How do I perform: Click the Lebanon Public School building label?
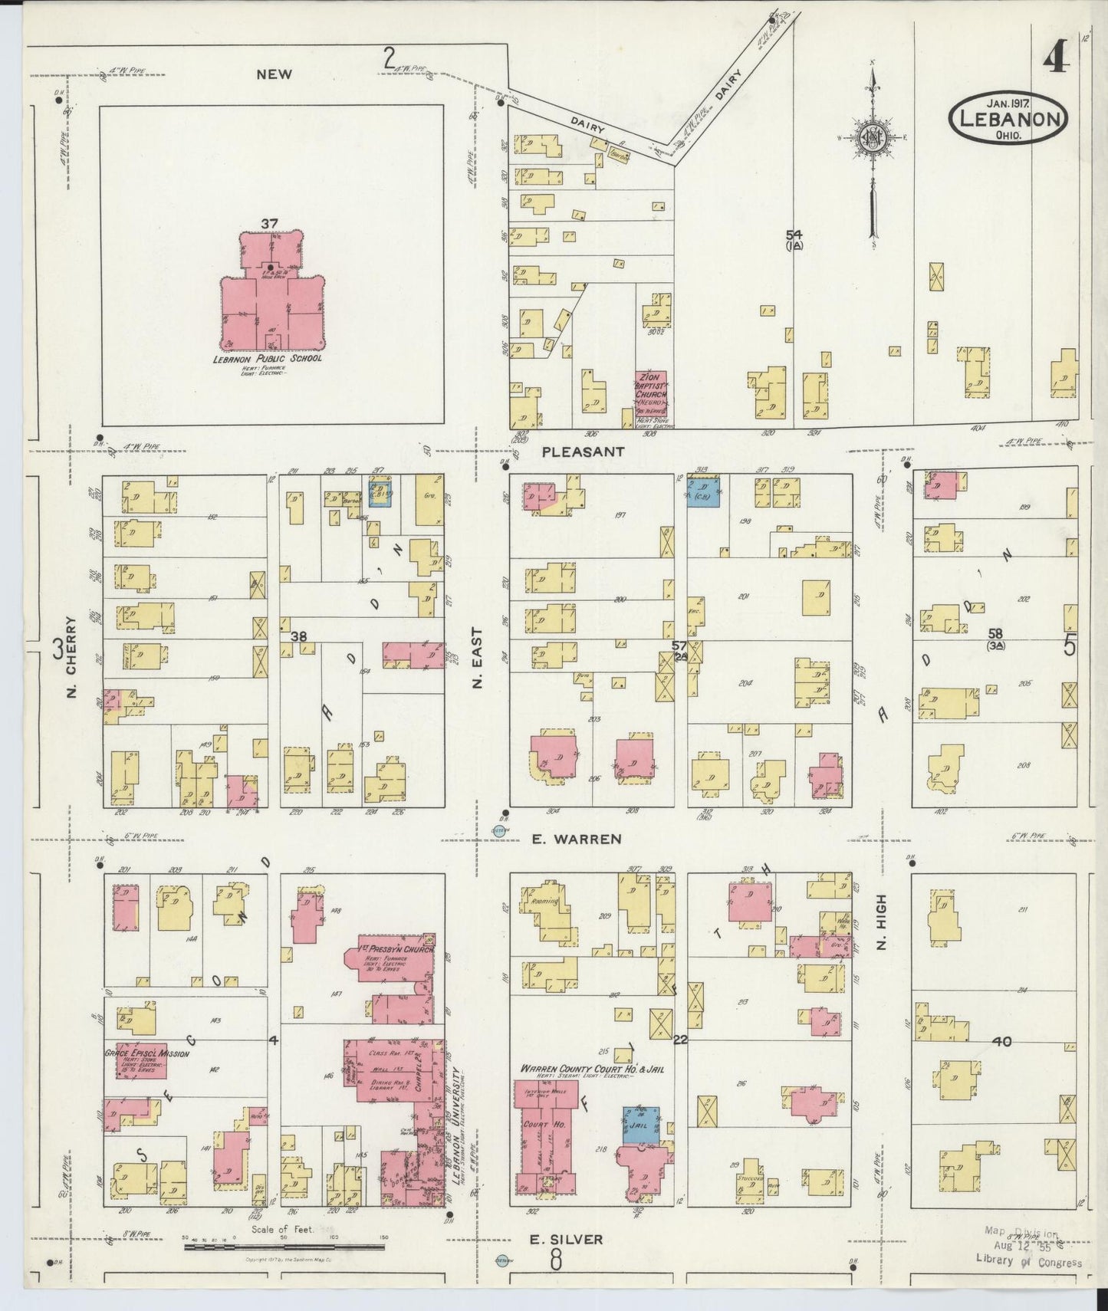point(268,358)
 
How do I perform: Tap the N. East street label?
point(477,659)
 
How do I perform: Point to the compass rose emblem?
point(873,136)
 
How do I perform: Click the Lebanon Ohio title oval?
point(1008,119)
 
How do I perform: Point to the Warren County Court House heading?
point(590,1068)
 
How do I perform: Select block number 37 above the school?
point(268,223)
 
